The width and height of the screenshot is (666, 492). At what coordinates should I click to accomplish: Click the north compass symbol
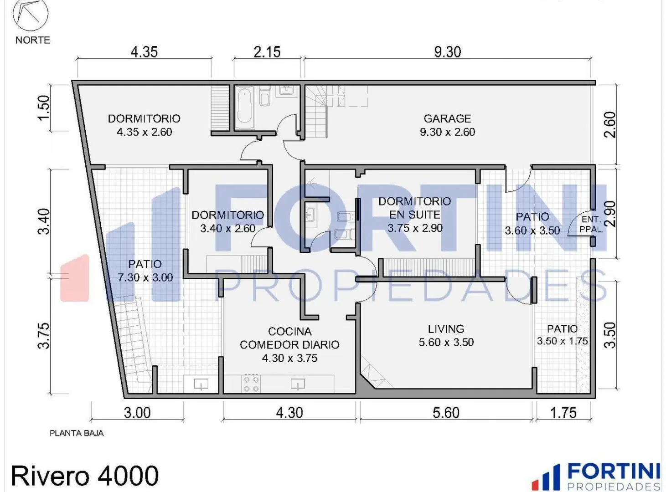point(31,13)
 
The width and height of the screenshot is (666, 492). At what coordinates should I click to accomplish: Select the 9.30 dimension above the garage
point(447,52)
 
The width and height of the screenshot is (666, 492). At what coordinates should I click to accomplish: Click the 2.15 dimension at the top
point(267,52)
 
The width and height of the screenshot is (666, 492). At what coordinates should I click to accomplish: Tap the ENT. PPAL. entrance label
point(591,224)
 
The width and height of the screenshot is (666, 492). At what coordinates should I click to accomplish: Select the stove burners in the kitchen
point(251,384)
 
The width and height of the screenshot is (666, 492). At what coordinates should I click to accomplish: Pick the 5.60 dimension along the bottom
point(446,413)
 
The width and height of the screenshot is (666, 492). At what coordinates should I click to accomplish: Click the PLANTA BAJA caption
point(77,433)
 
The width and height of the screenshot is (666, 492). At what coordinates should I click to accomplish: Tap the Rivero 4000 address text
point(85,476)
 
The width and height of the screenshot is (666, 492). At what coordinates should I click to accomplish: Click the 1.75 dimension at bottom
point(563,413)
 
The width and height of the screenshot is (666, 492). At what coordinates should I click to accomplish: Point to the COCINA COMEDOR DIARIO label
point(289,344)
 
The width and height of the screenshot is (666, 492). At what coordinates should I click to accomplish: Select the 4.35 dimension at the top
point(144,52)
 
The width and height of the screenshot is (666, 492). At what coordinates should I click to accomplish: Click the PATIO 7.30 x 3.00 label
point(145,271)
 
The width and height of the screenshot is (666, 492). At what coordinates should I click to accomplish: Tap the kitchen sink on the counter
point(298,384)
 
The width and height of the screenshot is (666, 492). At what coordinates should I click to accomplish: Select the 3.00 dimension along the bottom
point(137,413)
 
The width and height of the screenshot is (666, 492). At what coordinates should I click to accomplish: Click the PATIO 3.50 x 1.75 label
point(563,335)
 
